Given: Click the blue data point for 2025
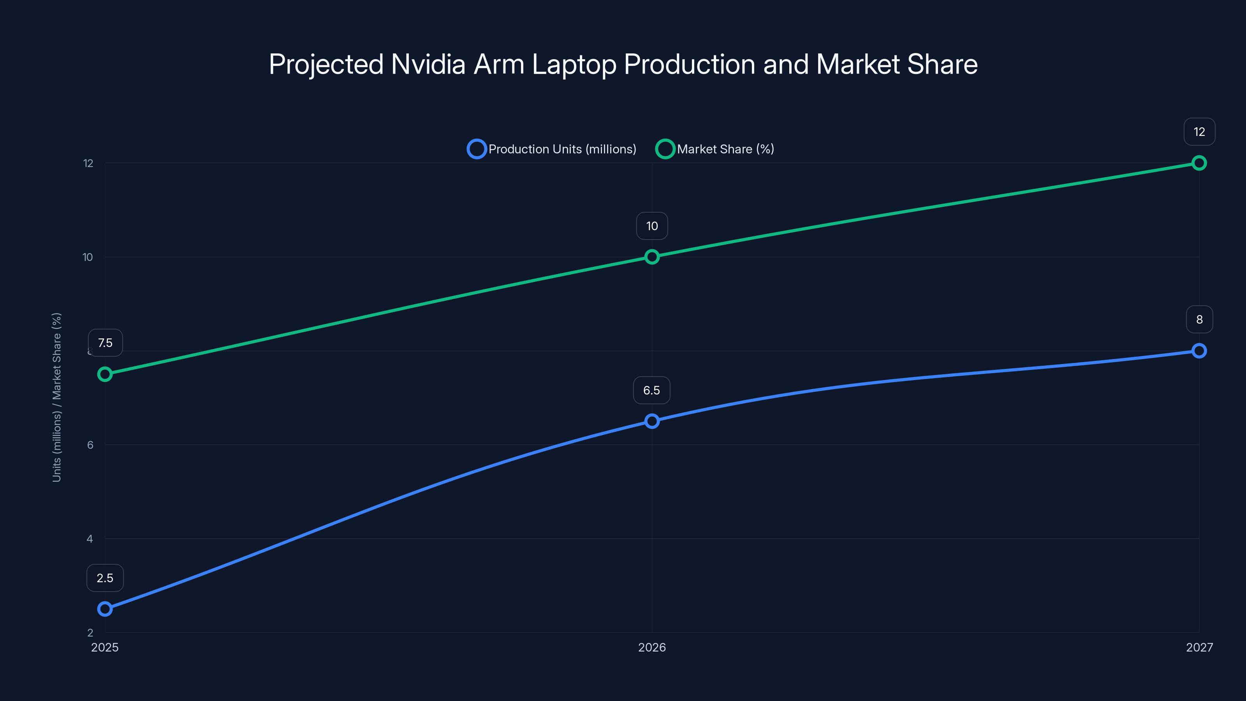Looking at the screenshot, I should pos(105,609).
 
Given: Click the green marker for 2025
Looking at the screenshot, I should pos(105,374).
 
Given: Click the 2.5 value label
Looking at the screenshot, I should pos(105,578).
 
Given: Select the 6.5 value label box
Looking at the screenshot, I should pos(651,390).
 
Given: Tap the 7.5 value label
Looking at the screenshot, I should pos(105,343).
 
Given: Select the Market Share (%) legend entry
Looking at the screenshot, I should pos(715,149).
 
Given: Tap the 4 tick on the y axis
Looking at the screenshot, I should pos(90,539).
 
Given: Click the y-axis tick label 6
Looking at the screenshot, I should pos(90,445).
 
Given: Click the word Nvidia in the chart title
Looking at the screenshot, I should pos(428,64).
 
